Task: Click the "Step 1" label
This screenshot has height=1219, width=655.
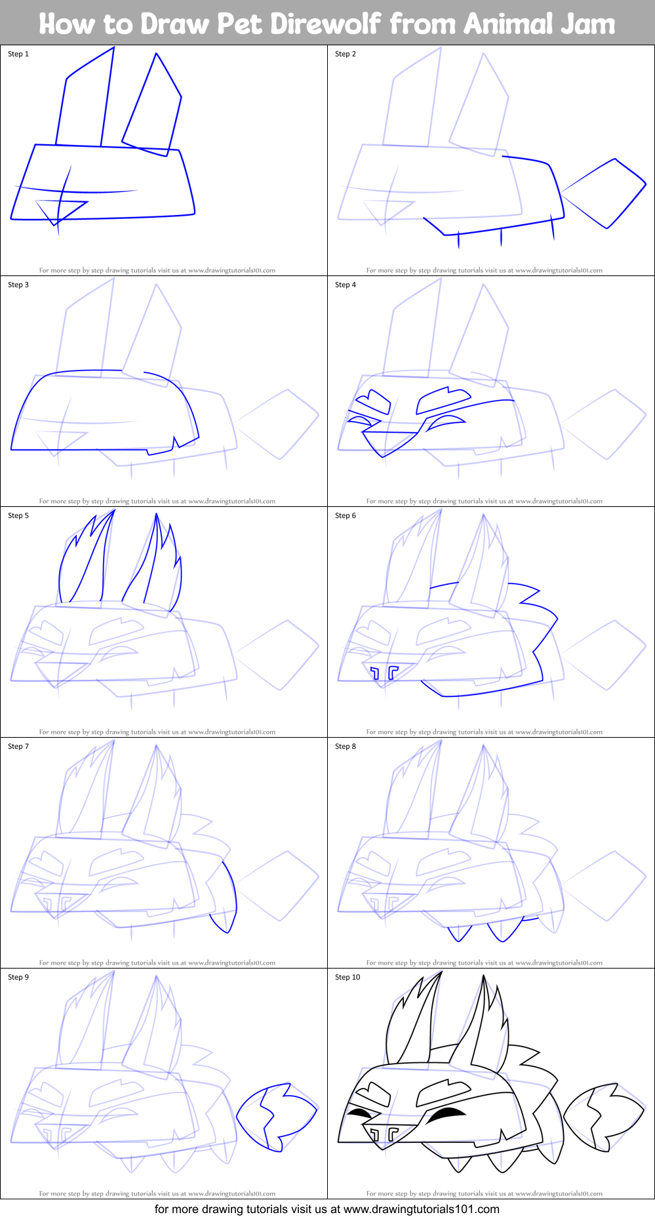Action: coord(18,54)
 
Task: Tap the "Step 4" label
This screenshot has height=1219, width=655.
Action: coord(346,285)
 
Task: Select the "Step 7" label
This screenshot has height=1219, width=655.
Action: coord(18,746)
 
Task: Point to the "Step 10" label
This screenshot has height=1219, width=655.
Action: coord(347,977)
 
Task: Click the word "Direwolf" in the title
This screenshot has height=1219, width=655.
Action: coord(325,24)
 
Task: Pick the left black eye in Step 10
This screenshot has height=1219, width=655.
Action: coord(359,1113)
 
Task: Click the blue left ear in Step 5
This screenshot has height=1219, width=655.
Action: coord(85,564)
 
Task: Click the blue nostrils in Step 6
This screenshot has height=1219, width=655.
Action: coord(384,671)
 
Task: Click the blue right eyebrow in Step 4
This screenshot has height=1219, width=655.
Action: coord(445,397)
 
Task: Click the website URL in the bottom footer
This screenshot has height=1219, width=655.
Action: coord(421,1209)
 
